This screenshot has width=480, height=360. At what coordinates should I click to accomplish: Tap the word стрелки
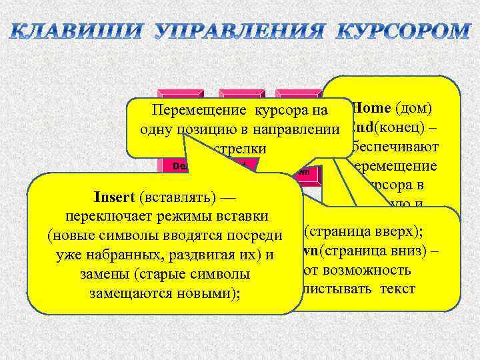(x=238, y=147)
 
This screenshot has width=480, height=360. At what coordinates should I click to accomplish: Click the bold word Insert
(x=116, y=198)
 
